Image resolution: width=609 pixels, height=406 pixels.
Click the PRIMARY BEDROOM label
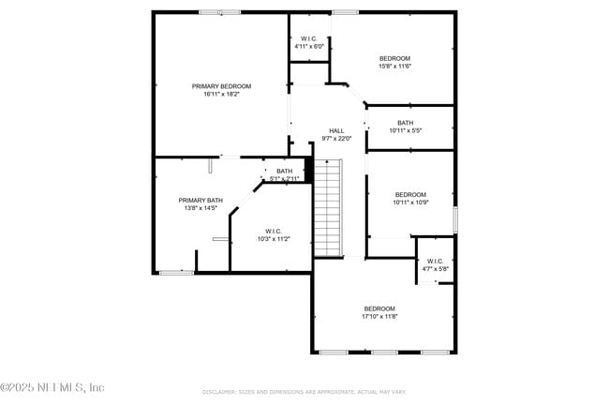[221, 86]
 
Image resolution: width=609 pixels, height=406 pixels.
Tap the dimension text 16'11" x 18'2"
[221, 94]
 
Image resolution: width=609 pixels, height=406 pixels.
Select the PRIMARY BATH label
[201, 200]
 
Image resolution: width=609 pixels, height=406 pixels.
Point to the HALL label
[336, 131]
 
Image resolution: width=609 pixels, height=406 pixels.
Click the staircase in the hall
[327, 207]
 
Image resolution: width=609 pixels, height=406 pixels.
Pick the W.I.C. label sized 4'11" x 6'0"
[308, 38]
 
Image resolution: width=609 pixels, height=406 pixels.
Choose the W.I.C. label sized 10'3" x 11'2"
[274, 231]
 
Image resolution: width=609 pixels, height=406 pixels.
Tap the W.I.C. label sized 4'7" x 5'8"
[435, 262]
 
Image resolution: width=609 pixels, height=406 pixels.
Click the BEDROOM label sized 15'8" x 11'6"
[394, 58]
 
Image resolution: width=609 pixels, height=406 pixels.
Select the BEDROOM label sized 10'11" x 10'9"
[409, 195]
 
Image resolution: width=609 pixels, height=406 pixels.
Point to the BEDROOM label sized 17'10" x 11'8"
[379, 308]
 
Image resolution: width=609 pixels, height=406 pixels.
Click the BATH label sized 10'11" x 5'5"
[405, 123]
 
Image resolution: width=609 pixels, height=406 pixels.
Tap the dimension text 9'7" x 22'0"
[336, 139]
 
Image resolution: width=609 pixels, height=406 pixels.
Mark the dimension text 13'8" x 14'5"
[201, 207]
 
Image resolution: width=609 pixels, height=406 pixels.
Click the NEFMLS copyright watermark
[53, 387]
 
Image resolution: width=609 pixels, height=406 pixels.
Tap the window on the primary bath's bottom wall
[175, 273]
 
